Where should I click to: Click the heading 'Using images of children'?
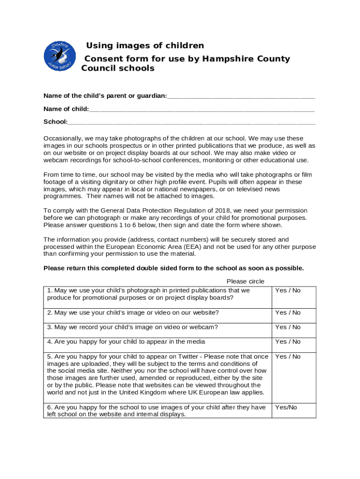click(x=145, y=45)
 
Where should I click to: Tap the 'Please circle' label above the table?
click(x=245, y=281)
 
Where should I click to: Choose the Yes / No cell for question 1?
click(x=288, y=290)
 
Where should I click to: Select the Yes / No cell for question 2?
click(x=288, y=312)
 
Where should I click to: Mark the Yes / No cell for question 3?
click(x=288, y=327)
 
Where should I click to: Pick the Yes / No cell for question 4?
click(x=288, y=341)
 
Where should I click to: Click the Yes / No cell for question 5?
click(x=288, y=356)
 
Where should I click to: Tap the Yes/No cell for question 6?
click(x=286, y=407)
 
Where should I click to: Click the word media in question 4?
click(x=195, y=341)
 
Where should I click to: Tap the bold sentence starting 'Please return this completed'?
click(x=173, y=268)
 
